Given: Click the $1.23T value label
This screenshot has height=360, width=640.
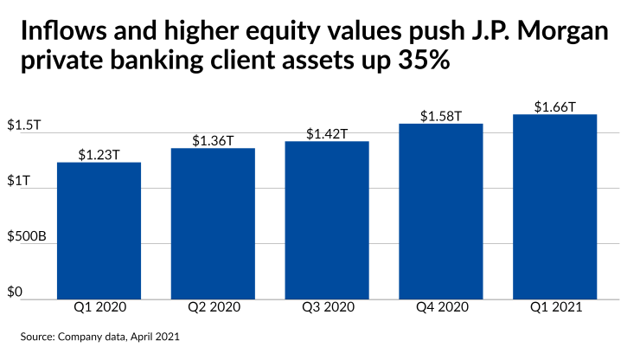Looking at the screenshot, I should point(99,155).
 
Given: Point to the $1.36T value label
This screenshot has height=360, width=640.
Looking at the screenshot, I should point(212,140).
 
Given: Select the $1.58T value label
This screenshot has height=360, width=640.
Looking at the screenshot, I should point(440,116).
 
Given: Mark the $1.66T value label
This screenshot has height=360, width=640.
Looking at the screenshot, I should point(554,107).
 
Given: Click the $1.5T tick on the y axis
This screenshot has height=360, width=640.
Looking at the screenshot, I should point(24,125).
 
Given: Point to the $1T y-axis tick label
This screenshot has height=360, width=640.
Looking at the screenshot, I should point(19,181).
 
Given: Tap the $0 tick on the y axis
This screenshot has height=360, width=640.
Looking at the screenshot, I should point(16,292).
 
